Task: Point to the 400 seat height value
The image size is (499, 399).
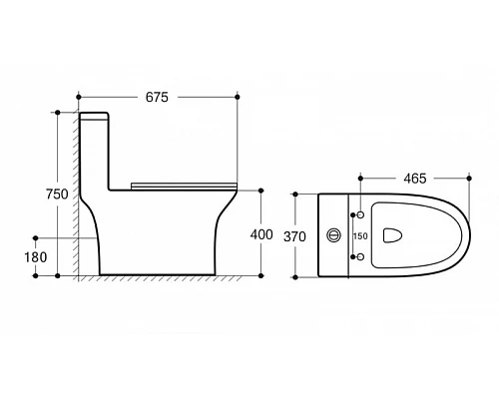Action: pyautogui.click(x=261, y=233)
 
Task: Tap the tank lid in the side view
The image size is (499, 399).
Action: pyautogui.click(x=94, y=114)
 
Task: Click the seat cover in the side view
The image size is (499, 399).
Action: pyautogui.click(x=182, y=183)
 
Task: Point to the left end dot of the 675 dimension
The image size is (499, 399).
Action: pyautogui.click(x=78, y=97)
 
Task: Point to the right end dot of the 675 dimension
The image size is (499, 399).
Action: pyautogui.click(x=238, y=97)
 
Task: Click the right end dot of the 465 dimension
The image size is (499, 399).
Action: pyautogui.click(x=468, y=178)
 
